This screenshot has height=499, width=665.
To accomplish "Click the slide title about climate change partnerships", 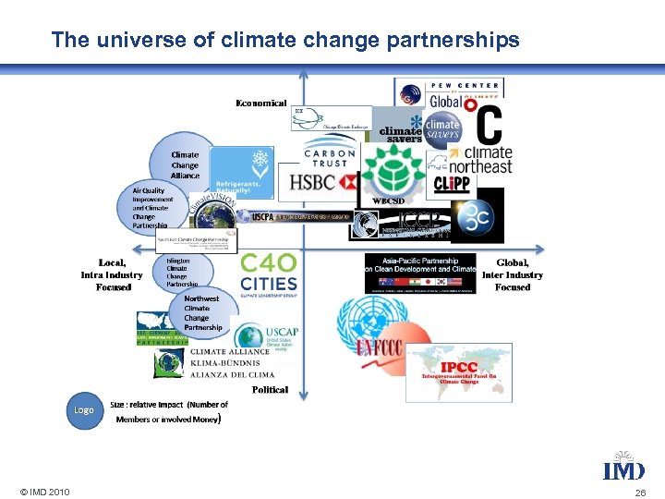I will point(285,41).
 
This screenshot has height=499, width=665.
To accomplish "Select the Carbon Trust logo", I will point(329,155).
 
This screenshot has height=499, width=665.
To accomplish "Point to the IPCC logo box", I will point(459,372).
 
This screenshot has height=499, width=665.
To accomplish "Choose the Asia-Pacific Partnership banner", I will point(420,274).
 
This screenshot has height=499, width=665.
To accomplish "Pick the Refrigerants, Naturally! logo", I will point(243,172).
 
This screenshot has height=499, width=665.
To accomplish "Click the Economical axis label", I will point(261,103).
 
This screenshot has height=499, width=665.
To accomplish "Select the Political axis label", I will point(270,390).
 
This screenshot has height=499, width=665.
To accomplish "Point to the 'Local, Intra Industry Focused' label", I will point(113,274).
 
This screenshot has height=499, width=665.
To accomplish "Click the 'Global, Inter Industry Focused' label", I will point(513,274).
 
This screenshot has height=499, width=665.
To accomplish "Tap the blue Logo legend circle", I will point(84,409).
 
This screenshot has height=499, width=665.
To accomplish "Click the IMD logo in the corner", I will point(623,467).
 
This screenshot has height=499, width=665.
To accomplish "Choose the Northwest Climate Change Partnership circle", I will point(202,313).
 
